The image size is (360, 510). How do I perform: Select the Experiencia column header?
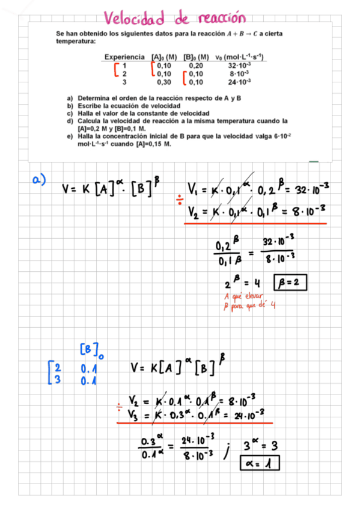point(124,57)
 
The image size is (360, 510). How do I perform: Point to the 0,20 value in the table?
point(196,65)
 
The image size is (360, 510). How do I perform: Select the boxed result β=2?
point(290,281)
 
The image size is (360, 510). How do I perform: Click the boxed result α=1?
point(261,464)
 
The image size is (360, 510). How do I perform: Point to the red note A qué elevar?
point(239,298)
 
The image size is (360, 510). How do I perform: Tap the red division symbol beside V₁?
point(179,199)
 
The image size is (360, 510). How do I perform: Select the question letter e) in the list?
point(70,137)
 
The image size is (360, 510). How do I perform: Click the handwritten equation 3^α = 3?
point(261,446)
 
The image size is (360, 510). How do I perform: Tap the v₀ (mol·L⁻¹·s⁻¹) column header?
point(240,57)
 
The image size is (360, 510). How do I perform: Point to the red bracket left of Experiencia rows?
point(116,70)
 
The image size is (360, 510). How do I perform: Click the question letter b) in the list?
point(70,105)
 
